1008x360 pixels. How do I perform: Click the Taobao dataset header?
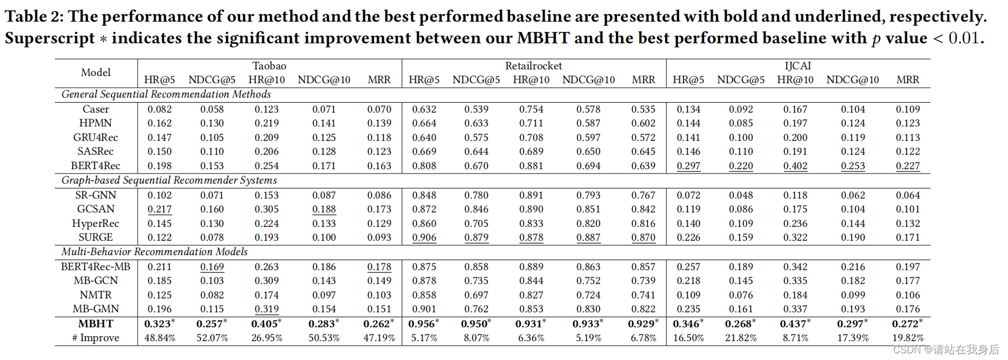point(269,66)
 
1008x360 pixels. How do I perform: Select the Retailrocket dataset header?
point(533,66)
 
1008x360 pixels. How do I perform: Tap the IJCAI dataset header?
point(797,66)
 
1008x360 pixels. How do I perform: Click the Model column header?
point(95,73)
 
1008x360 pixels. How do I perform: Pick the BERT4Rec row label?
point(95,166)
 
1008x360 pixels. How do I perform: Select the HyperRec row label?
point(95,224)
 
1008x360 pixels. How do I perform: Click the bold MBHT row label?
point(95,324)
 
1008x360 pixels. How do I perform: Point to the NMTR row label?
point(95,295)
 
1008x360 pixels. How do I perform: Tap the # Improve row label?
point(95,338)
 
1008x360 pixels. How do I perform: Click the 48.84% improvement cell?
point(160,338)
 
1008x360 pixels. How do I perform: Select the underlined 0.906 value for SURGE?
point(424,237)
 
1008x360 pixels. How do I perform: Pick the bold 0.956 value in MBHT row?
point(423,324)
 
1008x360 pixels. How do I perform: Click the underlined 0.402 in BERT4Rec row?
point(795,166)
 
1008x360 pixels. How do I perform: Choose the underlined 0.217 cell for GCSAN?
point(159,209)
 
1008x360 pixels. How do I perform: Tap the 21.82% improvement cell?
point(741,338)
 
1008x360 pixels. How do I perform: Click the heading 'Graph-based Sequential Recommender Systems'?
point(169,180)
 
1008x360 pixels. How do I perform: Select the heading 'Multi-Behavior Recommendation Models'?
point(154,252)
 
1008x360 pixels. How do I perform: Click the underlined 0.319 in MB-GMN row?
point(266,309)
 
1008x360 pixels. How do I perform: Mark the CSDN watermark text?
point(945,349)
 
